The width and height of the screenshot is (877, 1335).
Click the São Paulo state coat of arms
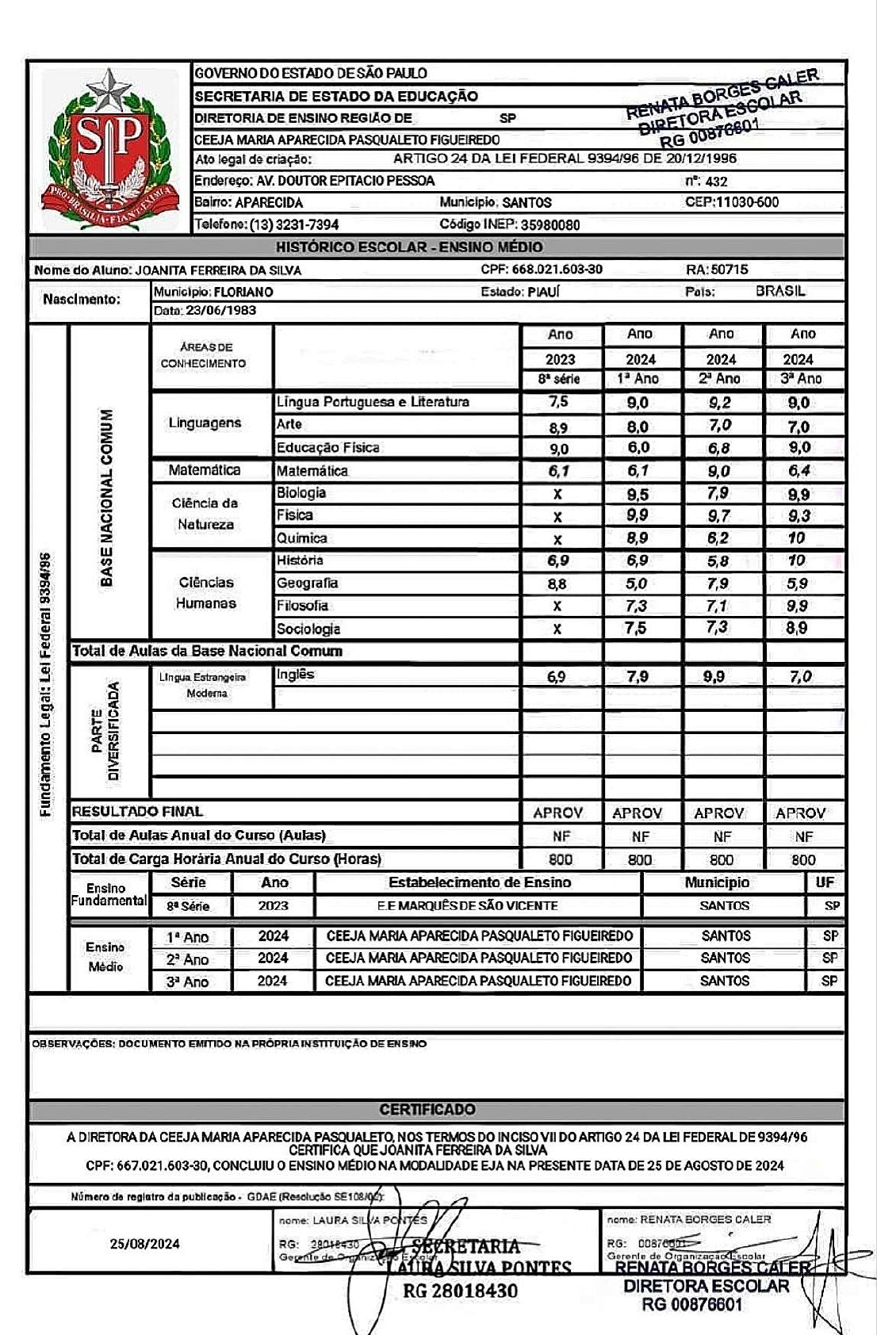pos(109,149)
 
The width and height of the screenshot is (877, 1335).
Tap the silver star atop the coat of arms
pos(109,89)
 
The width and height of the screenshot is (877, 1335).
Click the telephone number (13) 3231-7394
pos(294,224)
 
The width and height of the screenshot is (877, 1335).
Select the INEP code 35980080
pos(550,224)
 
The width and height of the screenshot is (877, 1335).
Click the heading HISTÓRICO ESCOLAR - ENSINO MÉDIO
pos(410,247)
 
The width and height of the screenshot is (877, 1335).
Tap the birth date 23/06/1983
pos(221,311)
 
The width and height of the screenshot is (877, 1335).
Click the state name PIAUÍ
pos(543,292)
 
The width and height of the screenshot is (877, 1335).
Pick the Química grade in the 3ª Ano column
pos(797,537)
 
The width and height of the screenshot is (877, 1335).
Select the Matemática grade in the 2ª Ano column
pos(719,471)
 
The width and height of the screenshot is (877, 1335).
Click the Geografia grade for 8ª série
pos(557,583)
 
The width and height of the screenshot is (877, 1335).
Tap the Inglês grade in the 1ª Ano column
pos(638,676)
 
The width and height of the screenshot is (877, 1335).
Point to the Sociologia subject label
pos(308,629)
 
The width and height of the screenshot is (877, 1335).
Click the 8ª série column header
pos(559,379)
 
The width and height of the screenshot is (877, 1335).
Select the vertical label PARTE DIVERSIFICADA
pos(105,731)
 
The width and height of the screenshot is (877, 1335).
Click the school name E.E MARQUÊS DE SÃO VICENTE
pos(467,905)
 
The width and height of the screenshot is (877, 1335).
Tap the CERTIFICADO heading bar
pos(438,1109)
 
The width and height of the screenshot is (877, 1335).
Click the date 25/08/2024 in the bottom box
pos(145,1244)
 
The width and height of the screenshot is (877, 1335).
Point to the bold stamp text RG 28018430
pos(460,1291)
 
